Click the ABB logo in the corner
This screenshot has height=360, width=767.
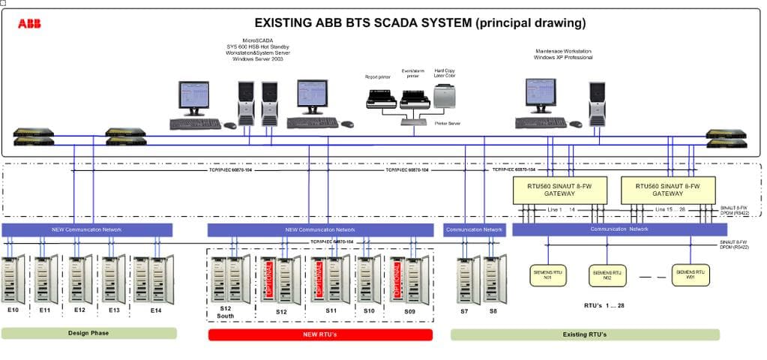29,24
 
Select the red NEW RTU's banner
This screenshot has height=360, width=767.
320,334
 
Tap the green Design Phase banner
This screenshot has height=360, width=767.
88,333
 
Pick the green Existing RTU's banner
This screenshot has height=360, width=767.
585,334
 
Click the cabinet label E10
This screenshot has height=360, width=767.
13,310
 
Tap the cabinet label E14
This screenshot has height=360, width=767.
155,310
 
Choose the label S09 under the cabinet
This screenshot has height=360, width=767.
409,310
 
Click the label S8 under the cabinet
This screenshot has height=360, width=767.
493,310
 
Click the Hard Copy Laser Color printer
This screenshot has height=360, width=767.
445,96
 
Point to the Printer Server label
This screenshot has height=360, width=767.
447,124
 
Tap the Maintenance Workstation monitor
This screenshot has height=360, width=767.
540,95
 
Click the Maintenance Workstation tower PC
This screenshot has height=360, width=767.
597,101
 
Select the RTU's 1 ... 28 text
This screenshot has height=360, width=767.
604,306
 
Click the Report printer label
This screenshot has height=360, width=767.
377,76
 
